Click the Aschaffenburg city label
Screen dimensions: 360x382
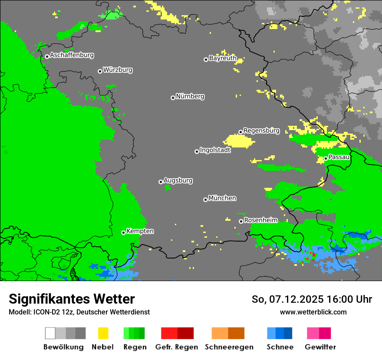(72, 56)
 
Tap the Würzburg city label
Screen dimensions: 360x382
(118, 70)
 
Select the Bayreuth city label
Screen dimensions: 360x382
(223, 58)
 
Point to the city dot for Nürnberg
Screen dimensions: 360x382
(173, 98)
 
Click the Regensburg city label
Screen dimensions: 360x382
(261, 131)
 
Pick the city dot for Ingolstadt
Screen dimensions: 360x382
(197, 151)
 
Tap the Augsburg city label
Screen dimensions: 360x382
(178, 180)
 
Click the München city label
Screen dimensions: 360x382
(222, 198)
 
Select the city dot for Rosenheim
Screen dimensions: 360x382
(241, 221)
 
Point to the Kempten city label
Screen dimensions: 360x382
(140, 231)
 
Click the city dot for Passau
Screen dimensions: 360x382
(326, 158)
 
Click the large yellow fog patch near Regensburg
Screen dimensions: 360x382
(239, 141)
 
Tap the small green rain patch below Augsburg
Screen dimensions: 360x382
(168, 187)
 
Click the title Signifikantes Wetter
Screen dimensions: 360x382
(72, 299)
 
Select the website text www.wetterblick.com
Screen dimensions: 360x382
(313, 312)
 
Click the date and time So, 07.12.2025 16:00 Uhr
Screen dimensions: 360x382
(312, 299)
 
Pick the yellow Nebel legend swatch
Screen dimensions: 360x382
(103, 333)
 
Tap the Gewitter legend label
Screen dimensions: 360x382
(320, 347)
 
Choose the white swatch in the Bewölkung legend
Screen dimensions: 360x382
(50, 333)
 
